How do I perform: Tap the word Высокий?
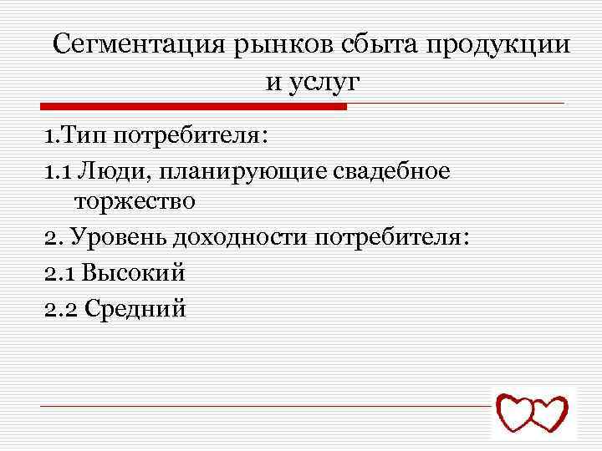135,273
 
